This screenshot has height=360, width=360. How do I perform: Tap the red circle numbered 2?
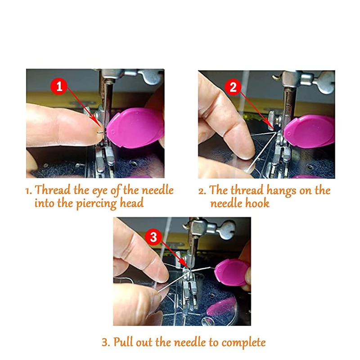pyautogui.click(x=233, y=87)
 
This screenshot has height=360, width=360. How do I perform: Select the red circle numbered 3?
pyautogui.click(x=153, y=237)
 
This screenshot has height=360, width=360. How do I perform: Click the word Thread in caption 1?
pyautogui.click(x=51, y=190)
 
